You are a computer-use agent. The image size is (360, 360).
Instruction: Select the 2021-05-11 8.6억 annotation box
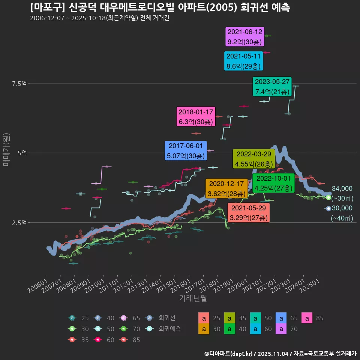[244, 61]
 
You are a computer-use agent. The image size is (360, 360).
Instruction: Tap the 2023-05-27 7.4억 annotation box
[272, 87]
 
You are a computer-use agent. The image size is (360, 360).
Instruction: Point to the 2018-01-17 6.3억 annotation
[195, 117]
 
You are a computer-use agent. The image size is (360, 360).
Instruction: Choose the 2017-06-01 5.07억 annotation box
[185, 150]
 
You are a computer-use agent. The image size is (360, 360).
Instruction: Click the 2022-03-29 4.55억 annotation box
[253, 159]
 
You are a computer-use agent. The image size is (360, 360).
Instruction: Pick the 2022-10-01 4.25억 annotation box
[272, 183]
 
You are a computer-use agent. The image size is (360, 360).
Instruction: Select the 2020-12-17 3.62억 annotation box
[226, 189]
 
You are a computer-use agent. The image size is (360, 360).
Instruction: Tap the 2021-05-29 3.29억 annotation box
[248, 213]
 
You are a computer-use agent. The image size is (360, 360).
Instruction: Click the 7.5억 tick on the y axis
[19, 83]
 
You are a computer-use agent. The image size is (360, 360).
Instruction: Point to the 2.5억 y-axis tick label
[19, 223]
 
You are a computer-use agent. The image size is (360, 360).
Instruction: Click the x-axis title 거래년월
[193, 298]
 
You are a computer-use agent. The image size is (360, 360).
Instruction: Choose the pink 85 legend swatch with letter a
[307, 318]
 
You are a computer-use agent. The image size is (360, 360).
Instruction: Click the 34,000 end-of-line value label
[342, 189]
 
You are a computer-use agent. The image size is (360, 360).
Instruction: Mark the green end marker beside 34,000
[328, 197]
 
